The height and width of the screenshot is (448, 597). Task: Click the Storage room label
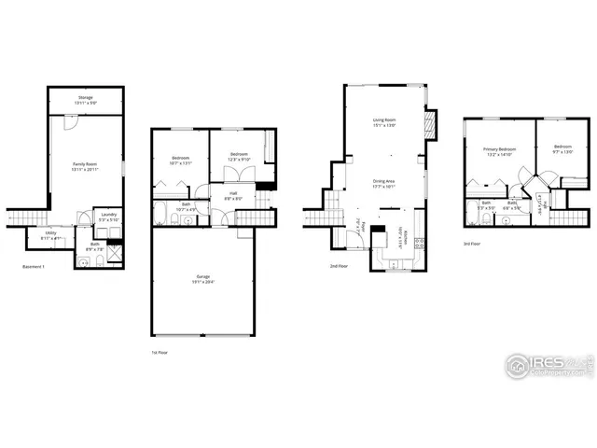point(85,99)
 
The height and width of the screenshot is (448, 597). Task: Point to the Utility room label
point(50,235)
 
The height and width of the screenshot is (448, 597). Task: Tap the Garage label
point(202,279)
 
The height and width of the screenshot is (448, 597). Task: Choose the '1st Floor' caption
point(160,352)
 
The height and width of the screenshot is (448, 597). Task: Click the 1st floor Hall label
point(231,196)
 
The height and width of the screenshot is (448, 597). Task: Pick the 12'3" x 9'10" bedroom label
point(239,156)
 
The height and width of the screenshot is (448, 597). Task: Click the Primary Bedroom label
point(500,151)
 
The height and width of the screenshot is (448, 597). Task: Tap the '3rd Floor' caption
point(473,245)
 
